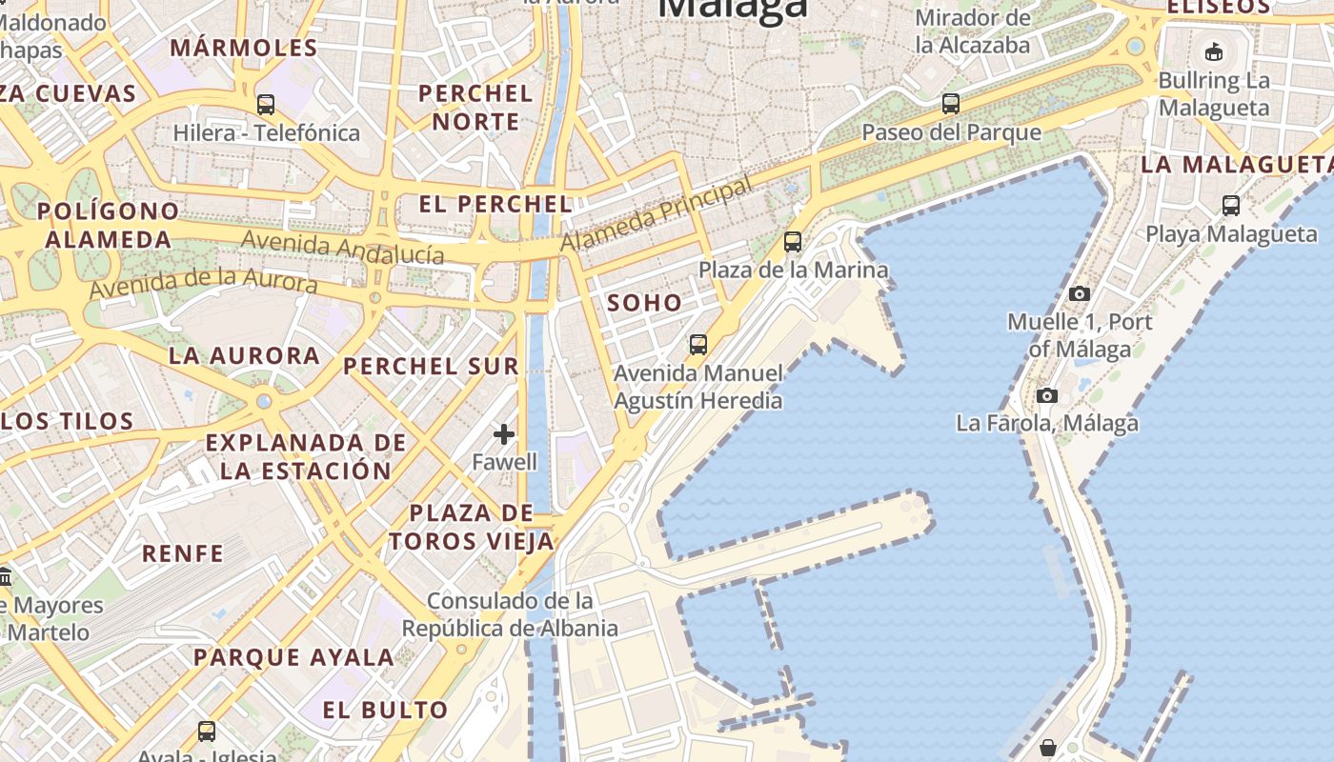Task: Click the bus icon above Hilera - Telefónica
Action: coord(266,105)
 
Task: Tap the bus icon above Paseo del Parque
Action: coord(950,104)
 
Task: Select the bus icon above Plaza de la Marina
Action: coord(793,242)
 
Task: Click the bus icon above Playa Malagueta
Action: coord(1231,205)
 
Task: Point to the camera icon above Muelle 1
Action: coord(1080,293)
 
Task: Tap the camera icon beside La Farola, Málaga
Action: coord(1047,395)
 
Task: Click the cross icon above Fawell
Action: coord(504,435)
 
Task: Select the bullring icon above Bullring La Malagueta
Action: coord(1214,51)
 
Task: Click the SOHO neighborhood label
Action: coord(645,303)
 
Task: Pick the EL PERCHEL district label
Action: coord(495,204)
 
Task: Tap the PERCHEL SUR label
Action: coord(431,366)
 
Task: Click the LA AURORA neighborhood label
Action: coord(244,355)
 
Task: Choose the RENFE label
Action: coord(183,552)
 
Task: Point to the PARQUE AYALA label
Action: coord(293,657)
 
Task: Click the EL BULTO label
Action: coord(385,710)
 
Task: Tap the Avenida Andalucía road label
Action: coord(342,247)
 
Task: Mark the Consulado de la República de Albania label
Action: coord(510,614)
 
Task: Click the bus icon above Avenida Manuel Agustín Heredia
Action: coord(698,344)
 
